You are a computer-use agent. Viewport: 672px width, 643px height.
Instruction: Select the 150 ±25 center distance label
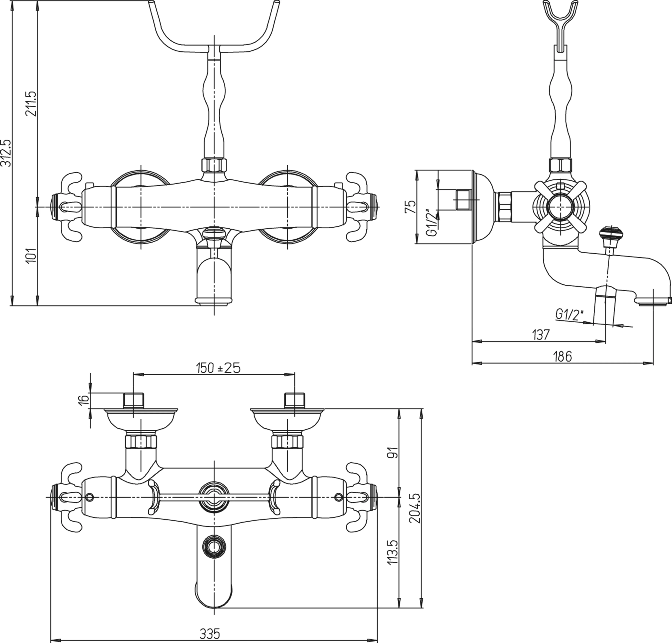click(x=218, y=368)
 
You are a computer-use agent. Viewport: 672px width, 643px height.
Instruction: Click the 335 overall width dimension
click(x=210, y=634)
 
